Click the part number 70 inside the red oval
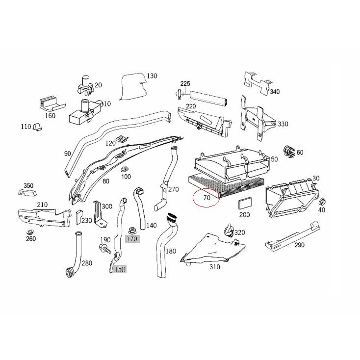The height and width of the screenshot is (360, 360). [x=206, y=198]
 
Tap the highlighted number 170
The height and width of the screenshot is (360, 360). [x=132, y=239]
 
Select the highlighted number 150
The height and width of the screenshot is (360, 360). [x=120, y=269]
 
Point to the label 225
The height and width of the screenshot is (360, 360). [x=184, y=84]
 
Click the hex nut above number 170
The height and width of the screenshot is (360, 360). [x=131, y=230]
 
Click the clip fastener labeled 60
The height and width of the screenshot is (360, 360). [x=288, y=152]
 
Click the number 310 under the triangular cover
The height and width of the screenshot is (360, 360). [x=214, y=267]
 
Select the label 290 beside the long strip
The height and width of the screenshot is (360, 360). [x=299, y=245]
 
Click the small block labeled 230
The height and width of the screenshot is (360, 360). [x=78, y=216]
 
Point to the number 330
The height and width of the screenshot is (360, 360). [x=283, y=124]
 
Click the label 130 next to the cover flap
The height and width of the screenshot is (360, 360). [x=152, y=76]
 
